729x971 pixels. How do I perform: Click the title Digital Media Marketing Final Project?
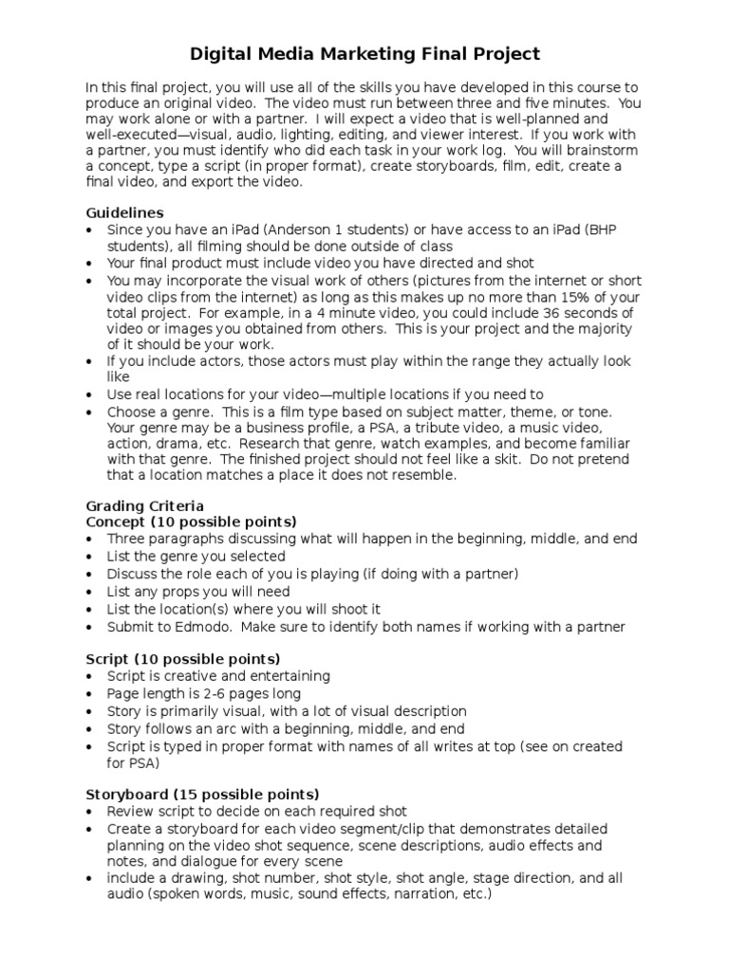(364, 53)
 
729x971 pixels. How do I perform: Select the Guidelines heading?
(124, 212)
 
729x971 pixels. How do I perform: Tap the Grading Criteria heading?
(144, 505)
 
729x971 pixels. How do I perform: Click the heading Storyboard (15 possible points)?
(202, 794)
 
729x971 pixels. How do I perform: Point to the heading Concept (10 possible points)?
(191, 522)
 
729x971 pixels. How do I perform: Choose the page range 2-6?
(214, 693)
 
